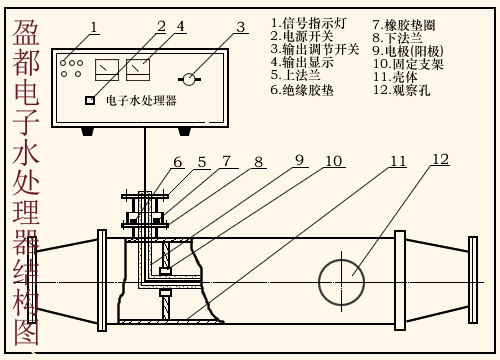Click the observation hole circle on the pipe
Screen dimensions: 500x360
pos(319,282)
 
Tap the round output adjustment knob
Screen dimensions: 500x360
pos(189,79)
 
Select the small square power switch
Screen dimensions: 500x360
pos(89,100)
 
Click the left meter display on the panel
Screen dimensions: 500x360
pos(107,70)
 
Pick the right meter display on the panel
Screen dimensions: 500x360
pos(138,70)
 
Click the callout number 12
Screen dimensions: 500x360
pos(440,159)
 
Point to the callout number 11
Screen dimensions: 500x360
pos(398,161)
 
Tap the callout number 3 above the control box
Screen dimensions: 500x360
pos(241,27)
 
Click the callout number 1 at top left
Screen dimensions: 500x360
pos(94,27)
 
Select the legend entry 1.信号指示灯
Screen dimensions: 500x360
pos(309,23)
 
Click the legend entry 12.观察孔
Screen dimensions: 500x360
pos(401,90)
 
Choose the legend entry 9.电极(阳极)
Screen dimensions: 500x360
pos(408,51)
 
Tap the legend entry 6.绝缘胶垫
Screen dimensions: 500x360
pos(302,90)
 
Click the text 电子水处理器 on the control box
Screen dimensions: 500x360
pos(141,100)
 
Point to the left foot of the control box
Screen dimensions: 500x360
pos(88,132)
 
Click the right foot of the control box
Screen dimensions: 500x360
pos(184,132)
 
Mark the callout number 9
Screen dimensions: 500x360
pos(300,160)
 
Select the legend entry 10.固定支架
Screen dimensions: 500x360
pos(408,64)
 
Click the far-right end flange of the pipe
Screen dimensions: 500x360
pos(473,280)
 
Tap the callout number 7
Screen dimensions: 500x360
pos(227,161)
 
